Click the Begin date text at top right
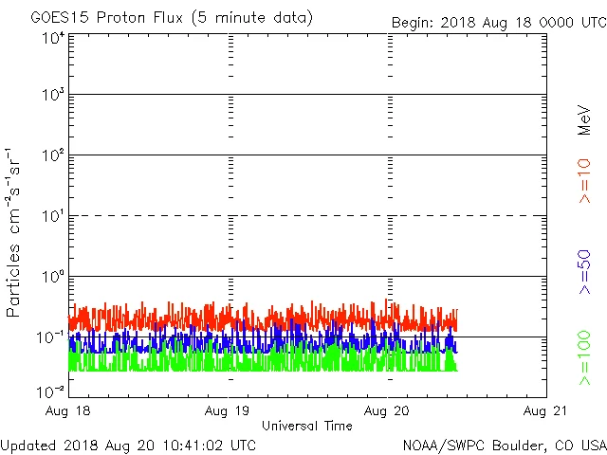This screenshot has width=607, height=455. [499, 22]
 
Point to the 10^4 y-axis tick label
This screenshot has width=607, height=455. [53, 38]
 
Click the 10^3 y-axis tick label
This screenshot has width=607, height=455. [53, 97]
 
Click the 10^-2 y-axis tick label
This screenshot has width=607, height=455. [51, 391]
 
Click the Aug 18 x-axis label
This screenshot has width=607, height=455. [72, 412]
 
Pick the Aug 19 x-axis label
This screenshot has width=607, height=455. [230, 412]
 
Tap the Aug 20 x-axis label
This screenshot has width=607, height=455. [388, 412]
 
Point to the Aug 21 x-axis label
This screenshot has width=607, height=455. [546, 412]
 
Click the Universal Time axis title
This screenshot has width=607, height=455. [307, 426]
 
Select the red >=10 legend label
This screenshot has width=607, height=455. [585, 180]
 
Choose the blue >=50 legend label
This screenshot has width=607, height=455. [585, 271]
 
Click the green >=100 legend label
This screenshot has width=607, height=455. [585, 358]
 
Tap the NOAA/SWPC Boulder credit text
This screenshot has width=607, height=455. [504, 444]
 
